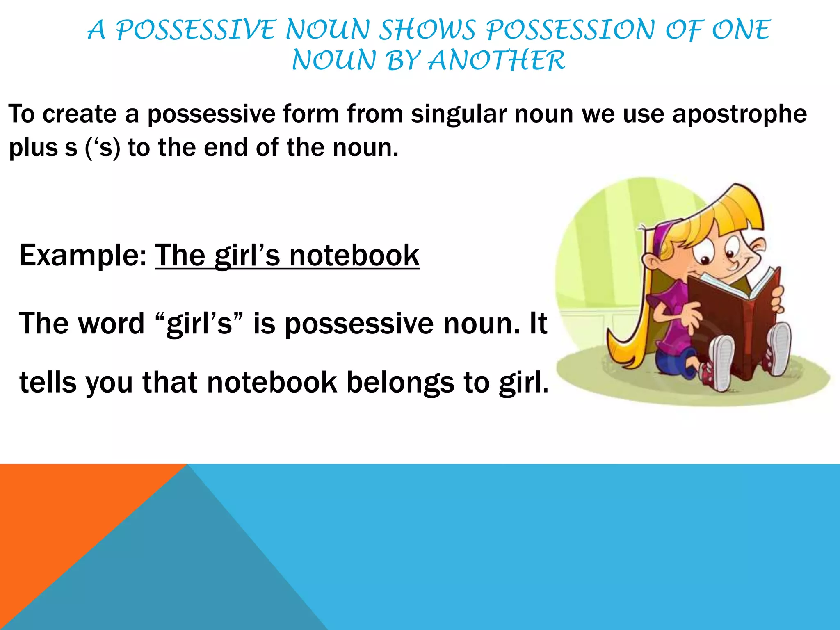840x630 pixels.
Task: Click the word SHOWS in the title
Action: (427, 30)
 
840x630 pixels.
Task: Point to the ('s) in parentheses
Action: (103, 148)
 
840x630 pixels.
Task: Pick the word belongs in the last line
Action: (400, 382)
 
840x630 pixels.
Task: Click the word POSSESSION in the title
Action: (571, 30)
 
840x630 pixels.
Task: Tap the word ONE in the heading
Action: (741, 30)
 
